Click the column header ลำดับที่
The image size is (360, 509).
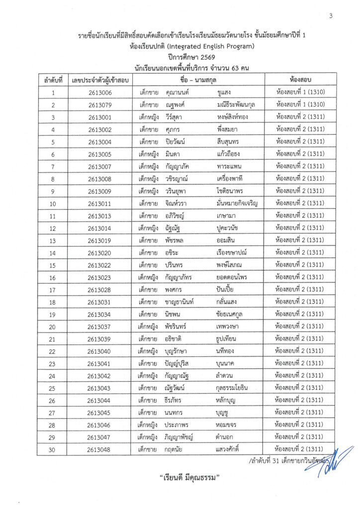click(x=53, y=80)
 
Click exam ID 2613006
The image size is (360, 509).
click(x=99, y=93)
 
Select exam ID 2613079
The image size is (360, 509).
click(x=99, y=105)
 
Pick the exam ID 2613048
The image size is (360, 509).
click(x=99, y=449)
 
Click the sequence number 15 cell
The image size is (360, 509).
click(x=53, y=265)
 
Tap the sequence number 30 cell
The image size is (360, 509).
click(x=53, y=449)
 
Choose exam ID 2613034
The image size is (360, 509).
click(x=99, y=314)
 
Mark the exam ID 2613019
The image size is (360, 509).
click(x=99, y=241)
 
